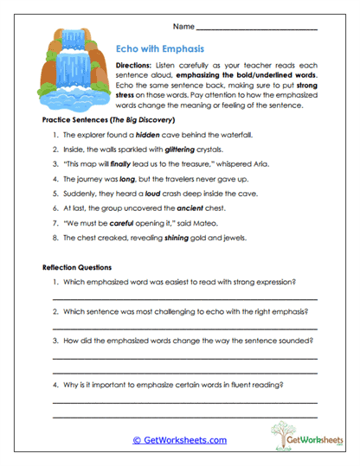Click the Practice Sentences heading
[108, 119]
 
